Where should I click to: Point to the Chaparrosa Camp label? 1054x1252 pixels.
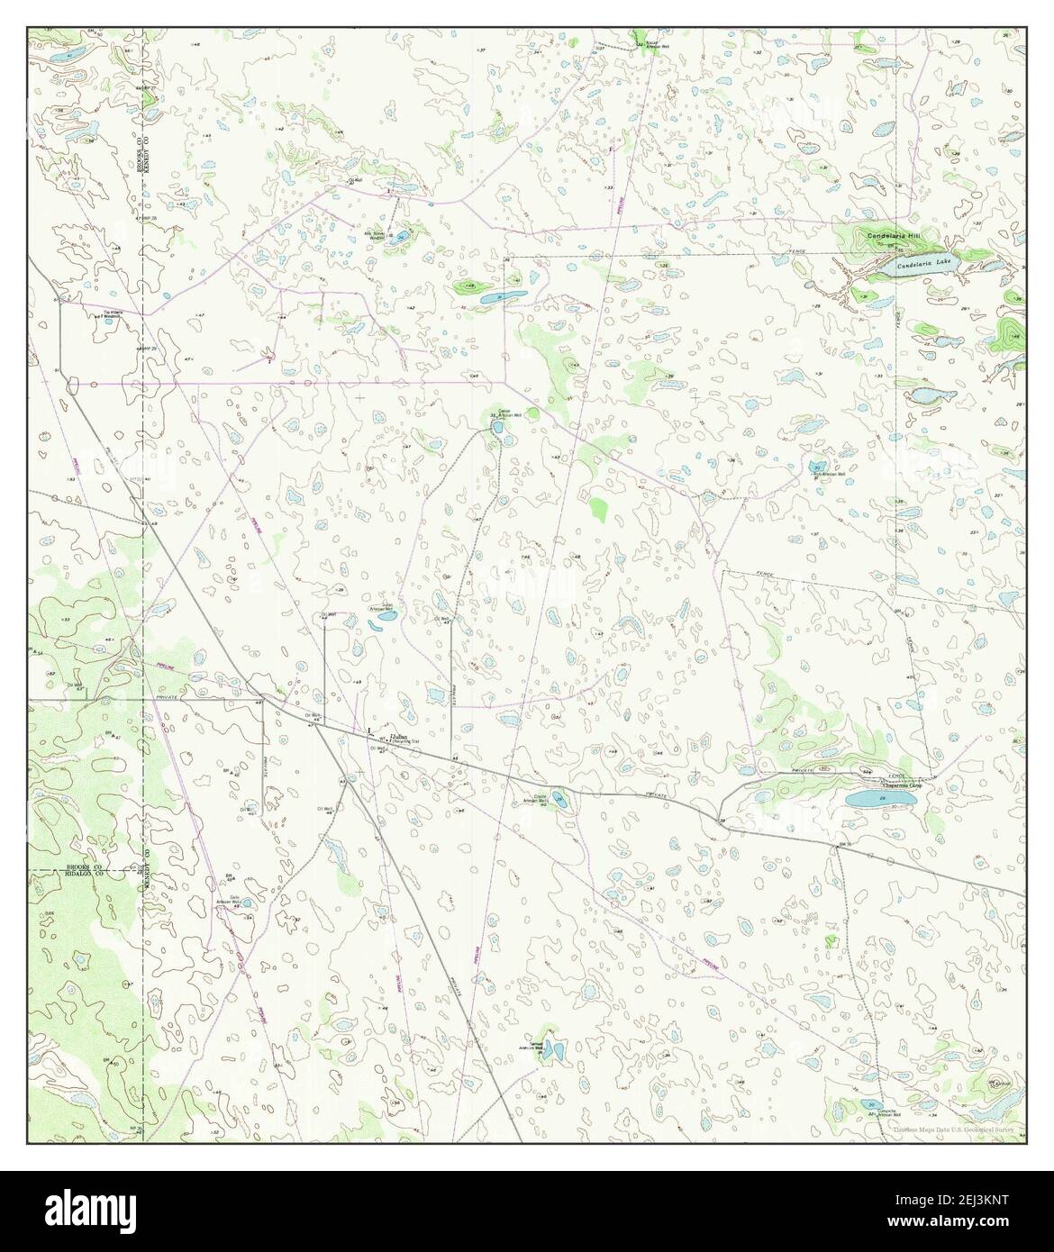point(903,785)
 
